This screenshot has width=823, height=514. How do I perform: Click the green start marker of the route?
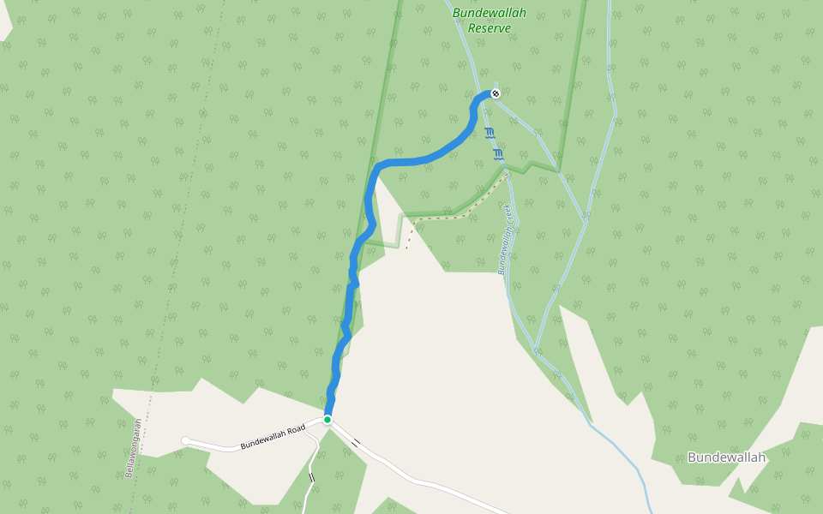point(327,419)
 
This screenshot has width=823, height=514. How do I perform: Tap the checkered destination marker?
point(495,93)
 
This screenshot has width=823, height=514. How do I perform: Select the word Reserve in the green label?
point(490,28)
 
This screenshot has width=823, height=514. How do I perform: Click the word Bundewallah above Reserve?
point(490,13)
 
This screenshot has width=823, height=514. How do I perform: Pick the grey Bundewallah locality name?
point(726,457)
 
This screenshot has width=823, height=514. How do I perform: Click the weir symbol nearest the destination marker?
point(489,133)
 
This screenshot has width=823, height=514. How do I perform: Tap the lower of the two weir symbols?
point(498,154)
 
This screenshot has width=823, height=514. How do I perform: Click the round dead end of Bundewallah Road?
point(185,441)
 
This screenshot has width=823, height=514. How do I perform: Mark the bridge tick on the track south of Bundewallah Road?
point(311,477)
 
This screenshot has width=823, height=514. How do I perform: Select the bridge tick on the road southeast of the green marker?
point(355,443)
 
